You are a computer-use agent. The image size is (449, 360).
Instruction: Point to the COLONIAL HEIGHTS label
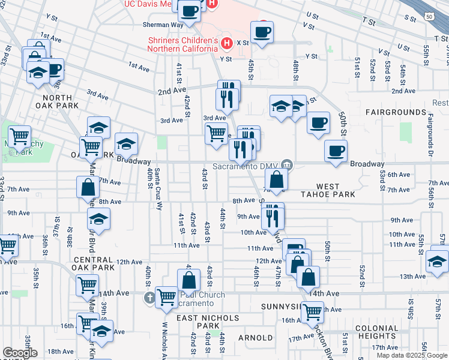coord(377,332)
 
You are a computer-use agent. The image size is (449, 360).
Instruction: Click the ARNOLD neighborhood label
coord(256,338)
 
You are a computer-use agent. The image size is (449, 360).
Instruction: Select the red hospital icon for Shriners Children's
coord(226,43)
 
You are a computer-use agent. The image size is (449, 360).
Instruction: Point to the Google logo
coord(20,353)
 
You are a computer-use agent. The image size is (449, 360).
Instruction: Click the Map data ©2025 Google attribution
coord(412,355)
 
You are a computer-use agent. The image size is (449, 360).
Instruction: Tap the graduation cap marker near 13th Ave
coord(438,261)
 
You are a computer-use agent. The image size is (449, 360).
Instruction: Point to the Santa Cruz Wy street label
coord(158,193)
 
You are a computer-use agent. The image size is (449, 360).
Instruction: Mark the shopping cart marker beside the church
coord(166,296)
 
